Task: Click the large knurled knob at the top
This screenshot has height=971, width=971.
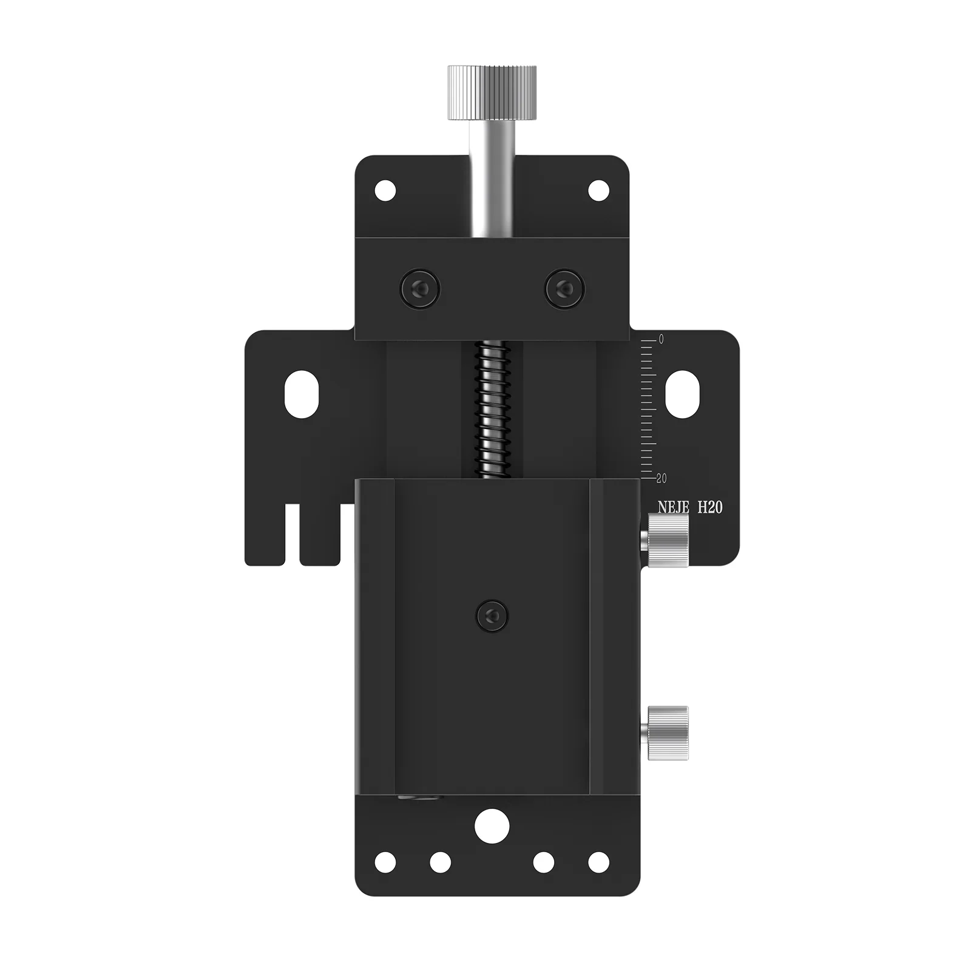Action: pos(492,92)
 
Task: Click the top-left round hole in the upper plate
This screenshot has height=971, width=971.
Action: pos(385,191)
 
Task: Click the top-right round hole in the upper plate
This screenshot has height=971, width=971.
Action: pos(598,191)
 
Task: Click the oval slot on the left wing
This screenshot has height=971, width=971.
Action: pos(302,394)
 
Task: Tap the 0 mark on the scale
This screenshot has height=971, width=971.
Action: pos(661,340)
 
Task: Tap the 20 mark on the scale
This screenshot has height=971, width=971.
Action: pos(661,478)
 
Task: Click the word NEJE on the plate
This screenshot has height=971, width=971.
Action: pos(673,507)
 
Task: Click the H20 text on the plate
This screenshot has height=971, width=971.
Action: pos(709,507)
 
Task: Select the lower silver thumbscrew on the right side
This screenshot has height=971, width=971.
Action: pos(667,732)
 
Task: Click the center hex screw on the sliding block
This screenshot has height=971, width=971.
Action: pos(492,616)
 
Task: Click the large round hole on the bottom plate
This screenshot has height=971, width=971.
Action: pos(492,825)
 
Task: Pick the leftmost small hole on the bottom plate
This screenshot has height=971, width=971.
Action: pos(385,862)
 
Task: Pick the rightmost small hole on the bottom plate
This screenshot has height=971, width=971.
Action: pos(598,862)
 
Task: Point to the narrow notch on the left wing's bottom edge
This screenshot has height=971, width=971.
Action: pos(293,534)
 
